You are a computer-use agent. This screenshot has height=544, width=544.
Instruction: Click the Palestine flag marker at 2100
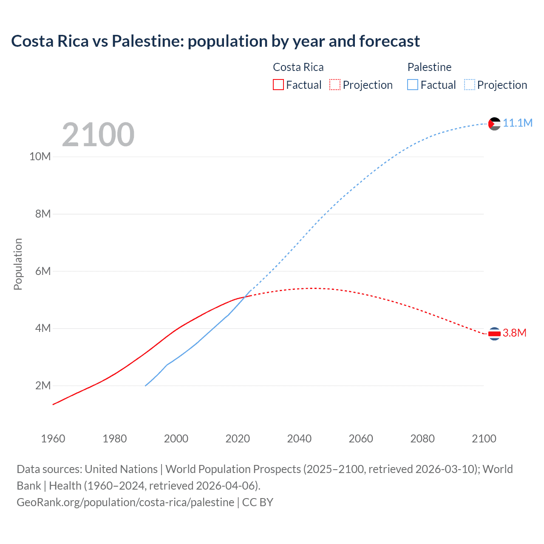(494, 124)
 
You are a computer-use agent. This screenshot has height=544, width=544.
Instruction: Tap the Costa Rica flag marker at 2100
(494, 334)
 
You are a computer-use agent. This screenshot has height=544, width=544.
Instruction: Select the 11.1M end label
(517, 123)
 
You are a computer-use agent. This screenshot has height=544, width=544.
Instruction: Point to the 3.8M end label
(514, 333)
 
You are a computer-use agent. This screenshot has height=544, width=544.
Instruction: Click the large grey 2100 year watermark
(98, 135)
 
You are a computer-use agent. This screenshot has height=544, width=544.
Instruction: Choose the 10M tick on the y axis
(40, 157)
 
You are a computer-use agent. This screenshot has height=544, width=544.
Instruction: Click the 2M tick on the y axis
(43, 386)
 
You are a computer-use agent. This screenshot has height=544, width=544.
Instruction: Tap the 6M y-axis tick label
(43, 271)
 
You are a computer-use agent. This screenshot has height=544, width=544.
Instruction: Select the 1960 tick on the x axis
(53, 439)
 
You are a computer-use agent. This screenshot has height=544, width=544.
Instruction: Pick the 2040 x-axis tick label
(299, 439)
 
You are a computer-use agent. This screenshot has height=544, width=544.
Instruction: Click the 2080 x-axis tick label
(422, 439)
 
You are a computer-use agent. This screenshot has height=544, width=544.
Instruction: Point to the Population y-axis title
(18, 264)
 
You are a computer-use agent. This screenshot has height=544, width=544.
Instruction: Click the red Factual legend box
(278, 85)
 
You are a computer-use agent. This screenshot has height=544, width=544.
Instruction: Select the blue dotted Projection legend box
(470, 85)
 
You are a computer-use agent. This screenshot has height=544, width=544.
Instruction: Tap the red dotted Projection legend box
(335, 85)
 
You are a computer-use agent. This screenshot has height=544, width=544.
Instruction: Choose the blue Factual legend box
(413, 85)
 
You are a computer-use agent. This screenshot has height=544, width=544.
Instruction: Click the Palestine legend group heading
(429, 67)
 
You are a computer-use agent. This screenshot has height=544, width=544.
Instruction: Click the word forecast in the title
(389, 41)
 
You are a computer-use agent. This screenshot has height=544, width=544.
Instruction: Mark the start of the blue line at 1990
(145, 386)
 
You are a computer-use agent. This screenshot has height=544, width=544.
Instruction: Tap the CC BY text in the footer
(258, 502)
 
